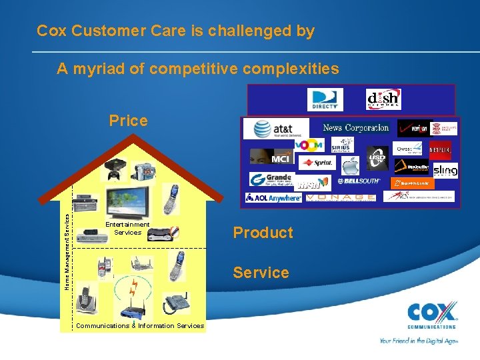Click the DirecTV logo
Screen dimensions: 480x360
325,99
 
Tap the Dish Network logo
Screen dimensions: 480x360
383,99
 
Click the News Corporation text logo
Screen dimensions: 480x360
355,127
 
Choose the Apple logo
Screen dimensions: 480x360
351,160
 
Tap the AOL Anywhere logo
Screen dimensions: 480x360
274,197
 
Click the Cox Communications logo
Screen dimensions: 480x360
432,315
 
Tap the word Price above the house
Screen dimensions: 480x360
128,121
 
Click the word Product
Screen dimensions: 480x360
263,233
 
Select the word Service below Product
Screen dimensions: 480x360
261,273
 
